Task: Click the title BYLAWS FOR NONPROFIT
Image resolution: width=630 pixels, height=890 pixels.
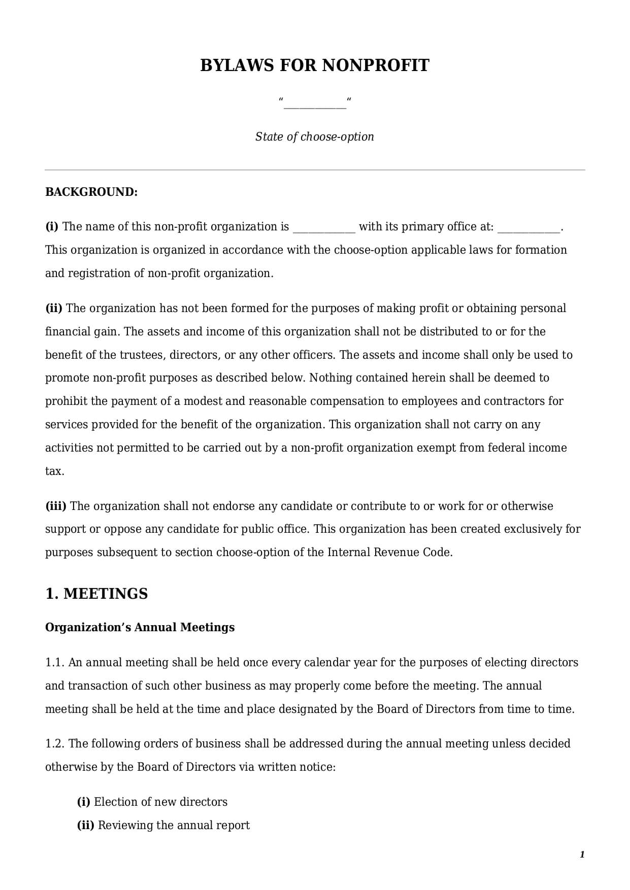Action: tap(315, 65)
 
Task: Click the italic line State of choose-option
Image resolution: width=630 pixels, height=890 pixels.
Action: tap(315, 137)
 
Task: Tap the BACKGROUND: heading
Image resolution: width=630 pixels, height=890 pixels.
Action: tap(91, 192)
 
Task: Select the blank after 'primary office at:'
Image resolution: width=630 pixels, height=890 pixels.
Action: tap(529, 228)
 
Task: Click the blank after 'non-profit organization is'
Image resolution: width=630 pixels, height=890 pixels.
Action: tap(324, 228)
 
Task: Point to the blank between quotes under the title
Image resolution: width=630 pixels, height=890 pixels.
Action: tap(315, 104)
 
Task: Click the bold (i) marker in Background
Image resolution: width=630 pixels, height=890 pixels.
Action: tap(52, 227)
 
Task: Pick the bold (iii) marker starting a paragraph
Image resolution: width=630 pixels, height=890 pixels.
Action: tap(56, 506)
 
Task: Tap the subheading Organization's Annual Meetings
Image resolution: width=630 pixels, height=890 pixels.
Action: tap(140, 628)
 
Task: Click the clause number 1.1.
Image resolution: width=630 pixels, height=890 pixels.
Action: tap(55, 663)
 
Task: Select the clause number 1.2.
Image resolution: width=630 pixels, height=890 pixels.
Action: tap(55, 744)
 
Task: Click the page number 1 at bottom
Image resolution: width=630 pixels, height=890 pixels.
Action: tap(582, 855)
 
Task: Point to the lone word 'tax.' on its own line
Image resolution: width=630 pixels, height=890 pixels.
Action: tap(54, 471)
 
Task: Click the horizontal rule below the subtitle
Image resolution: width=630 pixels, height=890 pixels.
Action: tap(315, 170)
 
